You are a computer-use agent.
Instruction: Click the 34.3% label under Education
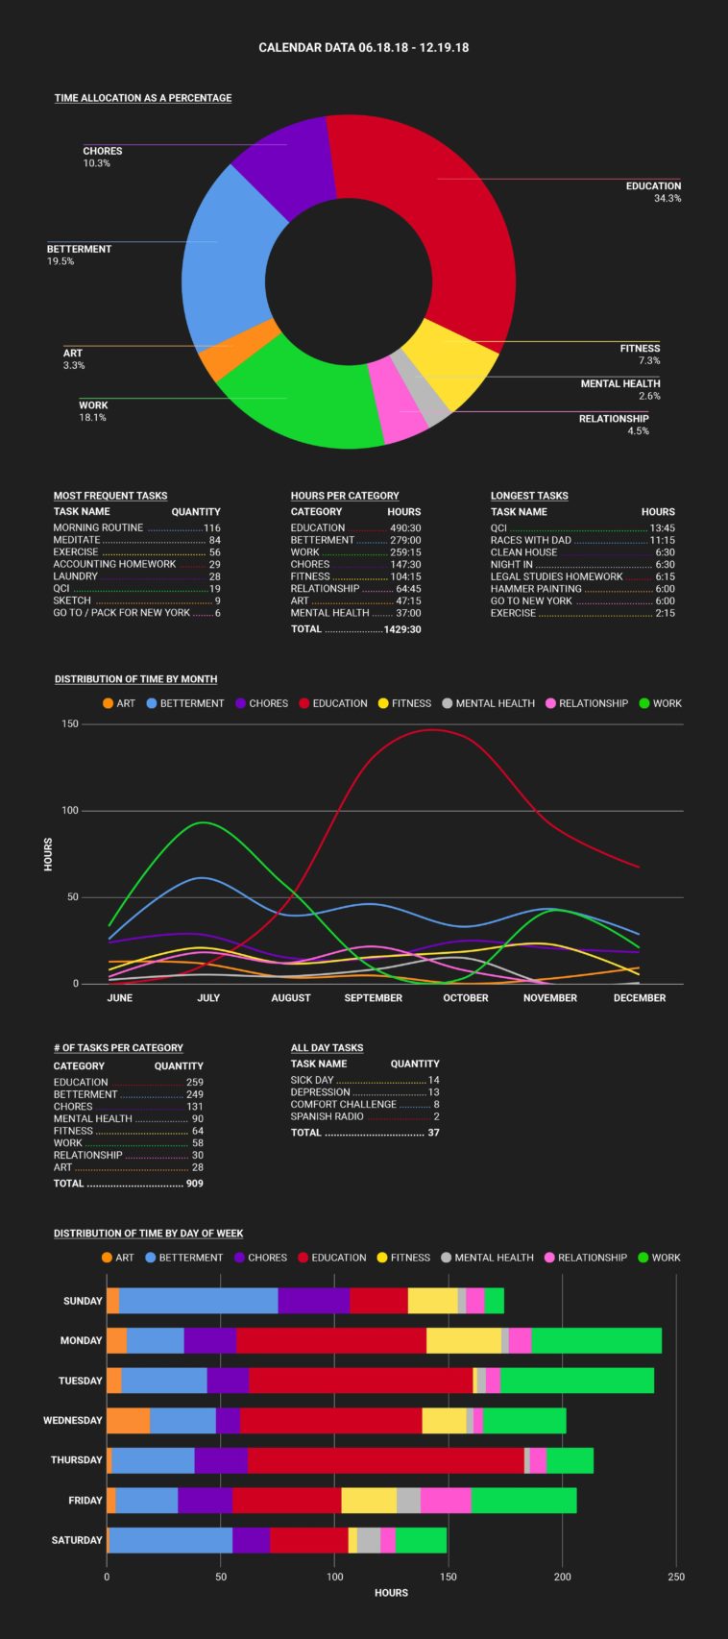667,199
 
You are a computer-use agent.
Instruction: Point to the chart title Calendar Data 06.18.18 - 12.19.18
364,47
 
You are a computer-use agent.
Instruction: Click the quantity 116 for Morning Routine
212,527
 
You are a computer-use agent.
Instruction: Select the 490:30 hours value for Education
405,527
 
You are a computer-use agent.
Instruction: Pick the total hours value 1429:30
402,629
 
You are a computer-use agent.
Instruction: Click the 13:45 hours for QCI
663,527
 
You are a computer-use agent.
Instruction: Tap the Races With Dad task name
531,540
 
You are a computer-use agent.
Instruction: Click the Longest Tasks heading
529,496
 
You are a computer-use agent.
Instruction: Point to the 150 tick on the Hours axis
69,723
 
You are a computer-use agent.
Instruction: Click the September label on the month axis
374,998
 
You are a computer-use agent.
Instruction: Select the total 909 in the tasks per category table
195,1184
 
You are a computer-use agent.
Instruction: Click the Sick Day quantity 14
433,1080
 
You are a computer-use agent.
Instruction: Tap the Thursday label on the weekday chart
77,1459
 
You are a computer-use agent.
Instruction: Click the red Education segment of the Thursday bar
385,1460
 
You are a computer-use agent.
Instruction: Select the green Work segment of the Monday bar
596,1340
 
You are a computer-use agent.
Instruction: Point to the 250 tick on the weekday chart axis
676,1577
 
